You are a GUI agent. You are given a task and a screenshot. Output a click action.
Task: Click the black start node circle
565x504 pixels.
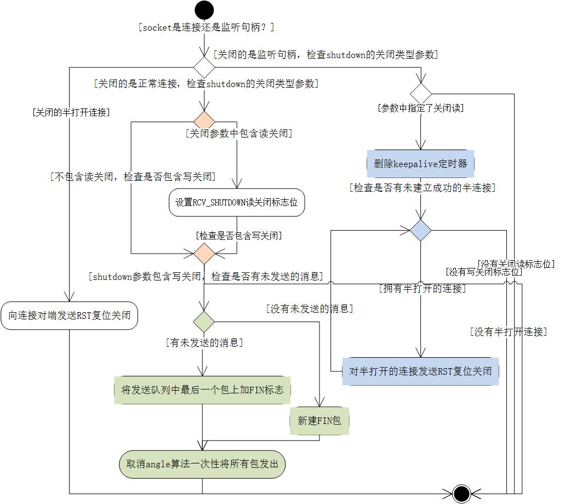click(x=204, y=10)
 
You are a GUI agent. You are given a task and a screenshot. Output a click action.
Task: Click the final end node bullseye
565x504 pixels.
click(x=461, y=493)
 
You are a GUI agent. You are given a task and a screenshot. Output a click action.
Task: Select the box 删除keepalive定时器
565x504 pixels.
click(x=420, y=164)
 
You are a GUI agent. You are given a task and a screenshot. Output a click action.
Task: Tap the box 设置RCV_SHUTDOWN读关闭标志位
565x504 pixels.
click(x=236, y=202)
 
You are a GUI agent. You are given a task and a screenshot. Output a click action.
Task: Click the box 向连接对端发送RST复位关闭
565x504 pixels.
click(x=69, y=316)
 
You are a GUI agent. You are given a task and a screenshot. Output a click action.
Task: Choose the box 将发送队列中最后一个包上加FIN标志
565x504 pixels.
click(x=202, y=390)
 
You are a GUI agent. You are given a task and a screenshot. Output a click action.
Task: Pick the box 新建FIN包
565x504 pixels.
click(x=319, y=421)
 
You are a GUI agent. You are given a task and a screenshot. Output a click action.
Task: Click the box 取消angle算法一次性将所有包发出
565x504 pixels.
click(x=202, y=464)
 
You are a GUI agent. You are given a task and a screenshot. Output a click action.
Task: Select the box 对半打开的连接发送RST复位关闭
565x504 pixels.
click(x=420, y=371)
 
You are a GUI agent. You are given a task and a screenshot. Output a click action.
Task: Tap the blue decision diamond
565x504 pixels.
click(x=421, y=231)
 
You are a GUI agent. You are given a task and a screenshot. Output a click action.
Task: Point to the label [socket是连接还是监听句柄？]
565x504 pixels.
click(x=207, y=27)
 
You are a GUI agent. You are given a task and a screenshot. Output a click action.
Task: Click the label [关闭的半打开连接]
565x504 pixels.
click(x=71, y=112)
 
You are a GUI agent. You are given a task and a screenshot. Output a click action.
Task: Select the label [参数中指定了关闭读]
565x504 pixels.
click(x=420, y=108)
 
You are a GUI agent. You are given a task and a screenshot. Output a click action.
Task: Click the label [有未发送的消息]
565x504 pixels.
click(x=204, y=343)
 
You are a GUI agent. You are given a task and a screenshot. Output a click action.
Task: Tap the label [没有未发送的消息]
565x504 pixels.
click(x=309, y=308)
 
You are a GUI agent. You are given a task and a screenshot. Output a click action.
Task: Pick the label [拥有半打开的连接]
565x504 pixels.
click(x=422, y=288)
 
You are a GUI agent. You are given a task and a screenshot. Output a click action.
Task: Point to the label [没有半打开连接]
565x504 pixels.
click(x=508, y=331)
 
